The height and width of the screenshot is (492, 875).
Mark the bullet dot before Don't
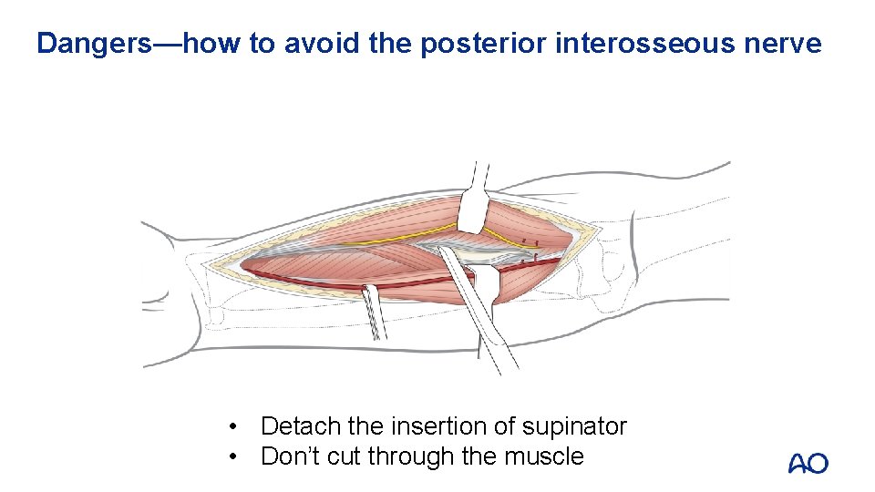pos(235,456)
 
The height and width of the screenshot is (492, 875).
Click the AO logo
pos(808,464)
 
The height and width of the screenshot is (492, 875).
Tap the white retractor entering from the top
pos(472,205)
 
